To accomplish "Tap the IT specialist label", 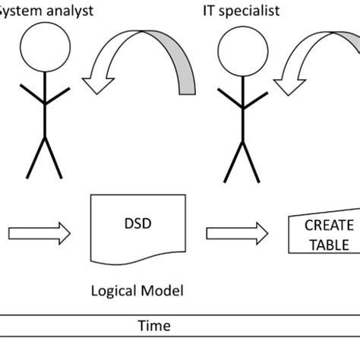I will click(x=239, y=10).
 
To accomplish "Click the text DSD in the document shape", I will click(x=137, y=225).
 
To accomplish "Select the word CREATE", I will click(x=329, y=225).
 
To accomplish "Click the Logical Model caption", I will click(x=137, y=289).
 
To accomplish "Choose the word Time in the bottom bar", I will click(x=153, y=326).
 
